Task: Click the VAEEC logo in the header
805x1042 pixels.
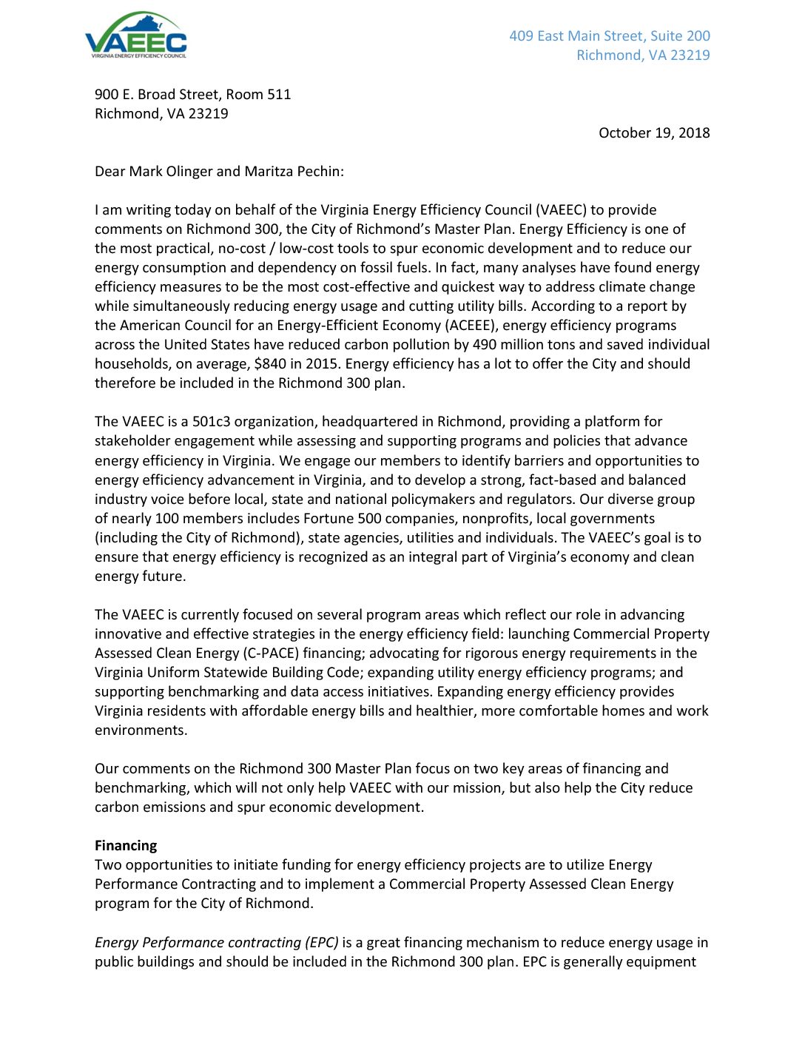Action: click(x=136, y=36)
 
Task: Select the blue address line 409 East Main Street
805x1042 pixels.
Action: click(x=610, y=36)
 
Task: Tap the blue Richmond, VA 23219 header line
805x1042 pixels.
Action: click(x=643, y=55)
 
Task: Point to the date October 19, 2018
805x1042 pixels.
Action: click(x=654, y=132)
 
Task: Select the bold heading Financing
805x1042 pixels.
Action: click(x=126, y=845)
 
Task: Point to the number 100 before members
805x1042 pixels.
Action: click(x=167, y=518)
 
